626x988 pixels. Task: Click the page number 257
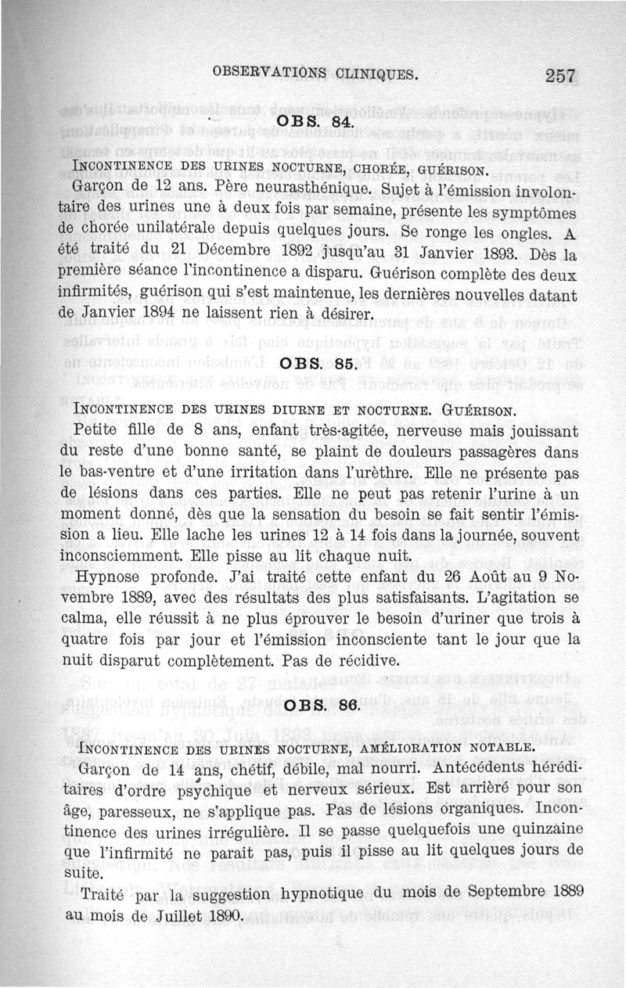561,76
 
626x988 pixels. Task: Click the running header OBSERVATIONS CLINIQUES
315,75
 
